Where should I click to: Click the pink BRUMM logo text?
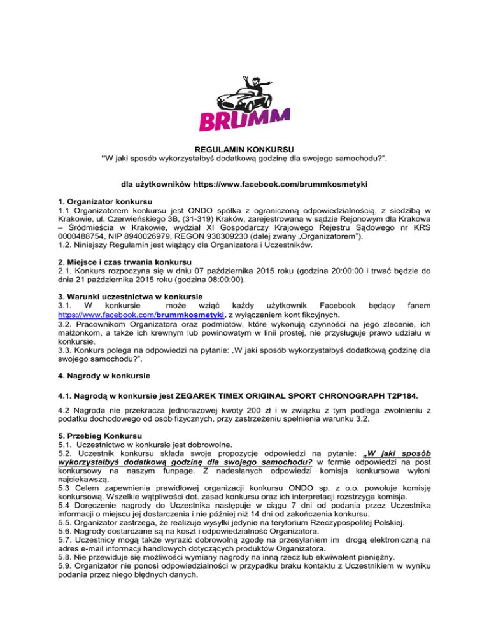244,119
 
